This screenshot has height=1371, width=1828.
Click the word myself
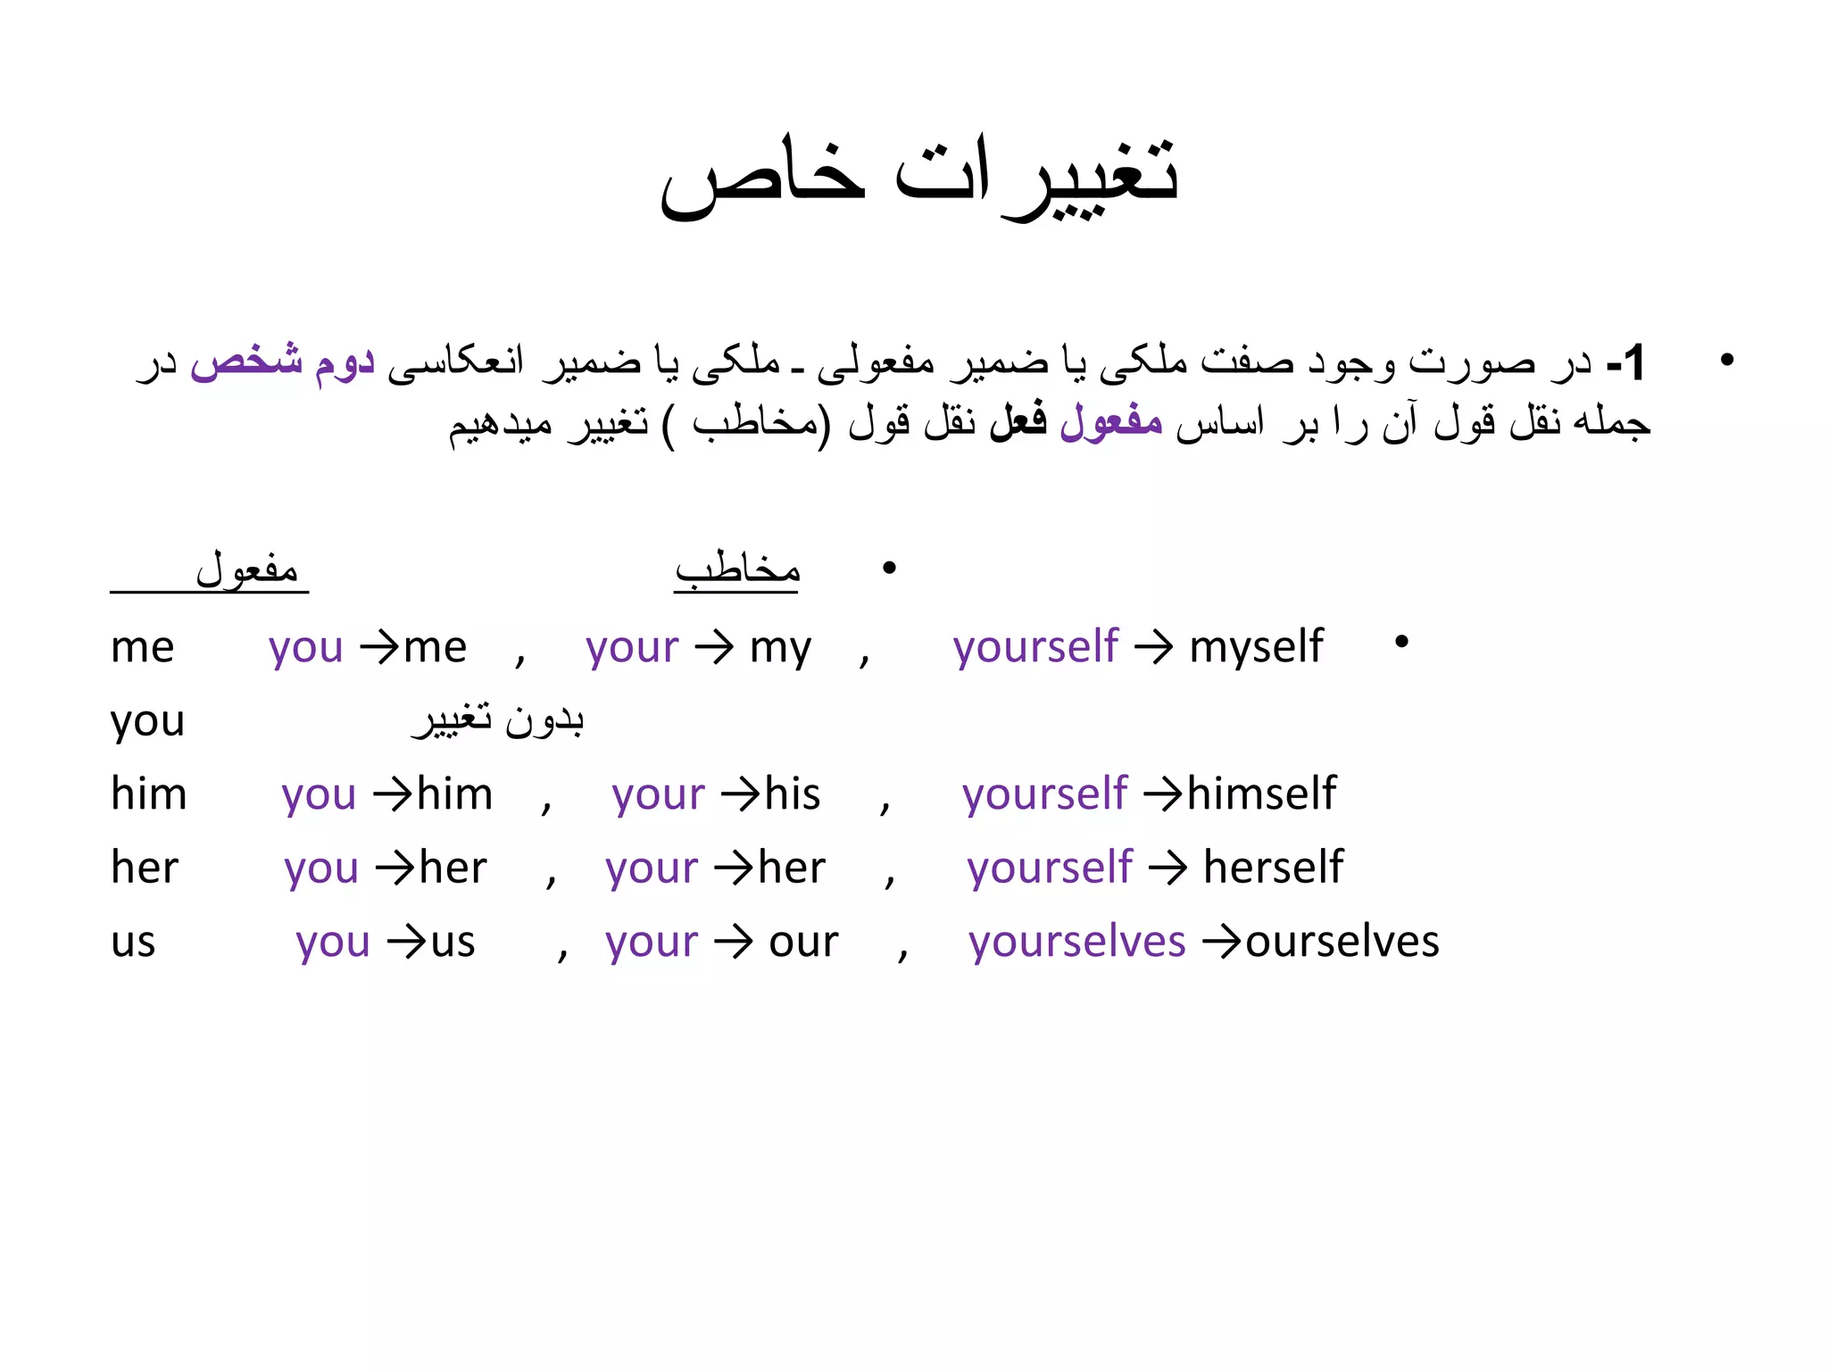pos(1256,646)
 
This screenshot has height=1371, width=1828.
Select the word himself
pos(1261,794)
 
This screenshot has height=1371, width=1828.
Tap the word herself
pos(1273,867)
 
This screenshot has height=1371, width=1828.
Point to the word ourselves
pos(1342,941)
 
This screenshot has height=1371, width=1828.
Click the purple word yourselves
pos(1077,942)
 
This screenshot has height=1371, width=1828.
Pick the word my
pos(780,648)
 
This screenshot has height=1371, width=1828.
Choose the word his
pos(793,794)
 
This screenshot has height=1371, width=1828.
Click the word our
pos(803,943)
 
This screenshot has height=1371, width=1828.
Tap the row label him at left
pos(148,794)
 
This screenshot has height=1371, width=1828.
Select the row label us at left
pos(133,943)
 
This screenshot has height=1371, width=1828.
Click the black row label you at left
pos(147,721)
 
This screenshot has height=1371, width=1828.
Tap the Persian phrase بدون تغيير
pos(498,719)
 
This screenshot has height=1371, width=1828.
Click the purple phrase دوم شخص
pos(282,361)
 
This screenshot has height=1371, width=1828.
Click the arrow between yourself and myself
pos(1154,647)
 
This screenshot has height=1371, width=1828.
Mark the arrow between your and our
pos(734,943)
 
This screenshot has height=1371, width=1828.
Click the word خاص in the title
pos(763,179)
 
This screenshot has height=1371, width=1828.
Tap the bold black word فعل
pos(1018,420)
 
